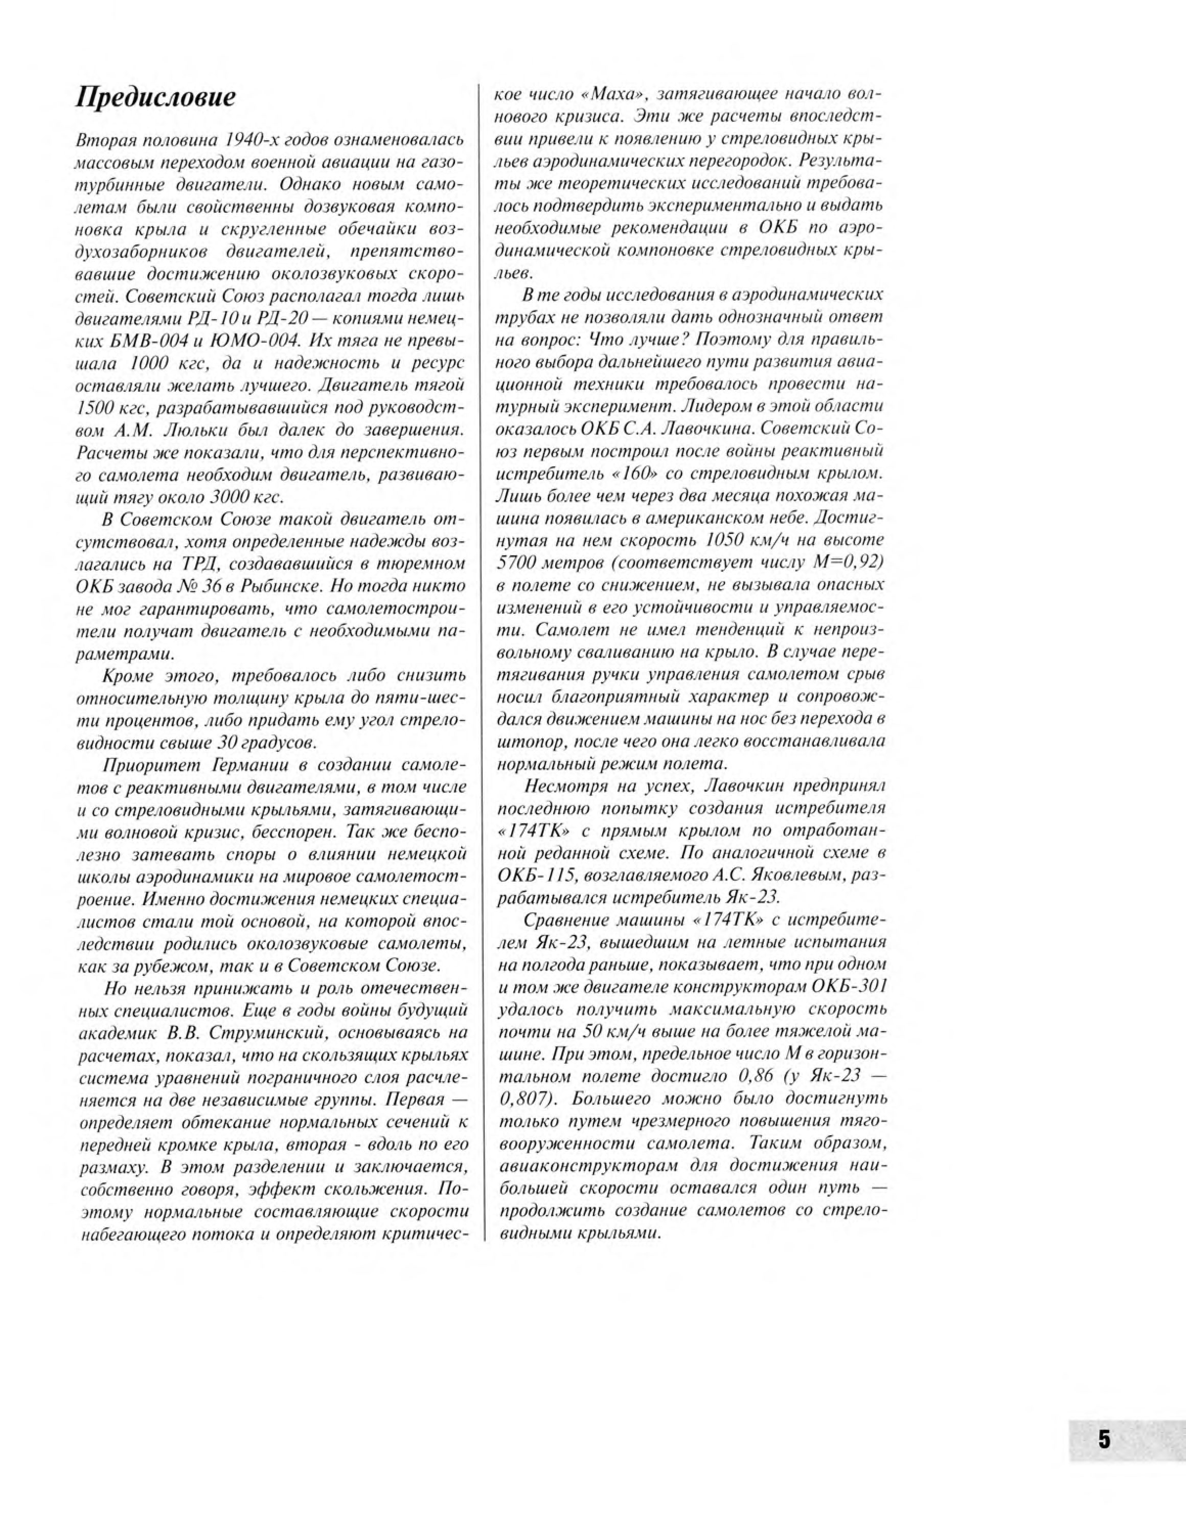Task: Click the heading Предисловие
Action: pos(155,97)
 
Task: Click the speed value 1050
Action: pos(729,540)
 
